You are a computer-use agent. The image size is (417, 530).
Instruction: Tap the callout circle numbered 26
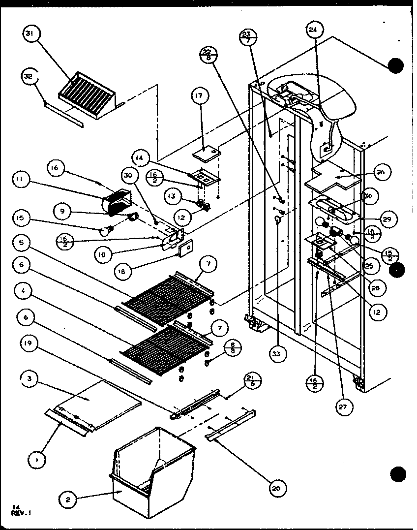tap(382, 172)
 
